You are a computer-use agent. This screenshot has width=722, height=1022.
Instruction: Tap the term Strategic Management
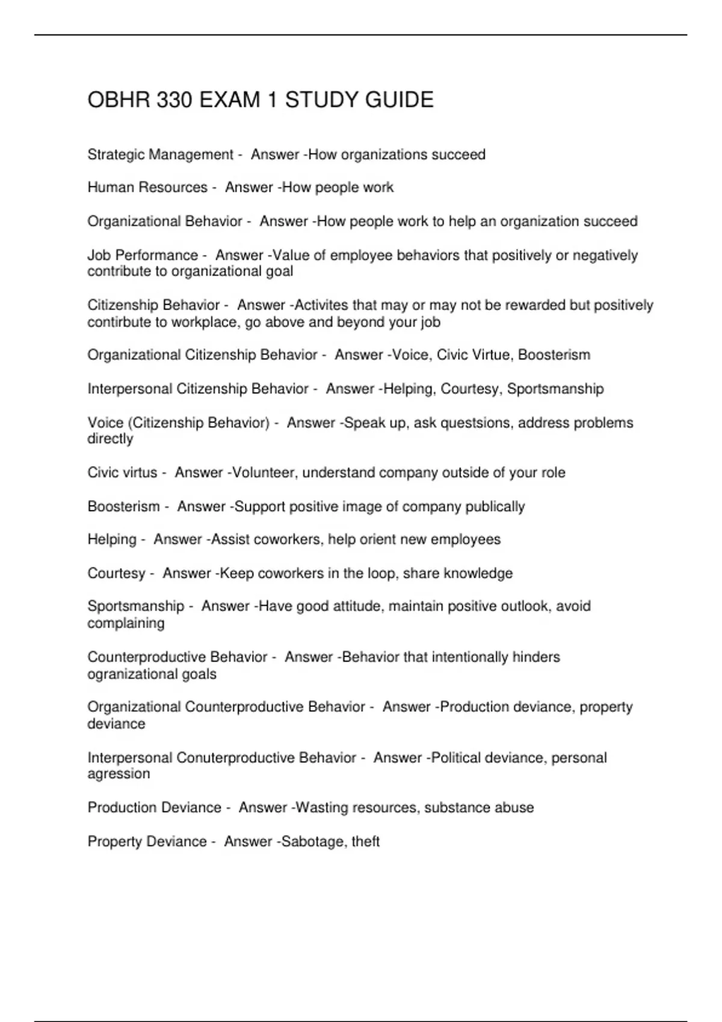tap(160, 155)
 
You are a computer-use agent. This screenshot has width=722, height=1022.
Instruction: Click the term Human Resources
tap(147, 188)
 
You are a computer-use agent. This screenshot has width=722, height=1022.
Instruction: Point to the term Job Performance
tap(143, 255)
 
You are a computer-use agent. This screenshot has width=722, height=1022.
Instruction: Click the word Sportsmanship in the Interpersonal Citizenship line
tap(555, 389)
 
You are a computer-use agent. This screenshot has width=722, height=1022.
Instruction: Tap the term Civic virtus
tap(122, 473)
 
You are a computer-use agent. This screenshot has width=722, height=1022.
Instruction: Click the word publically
tap(495, 507)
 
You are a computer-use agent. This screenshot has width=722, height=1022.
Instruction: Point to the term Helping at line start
tap(112, 539)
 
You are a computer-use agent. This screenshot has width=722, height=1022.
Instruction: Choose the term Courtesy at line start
tap(116, 574)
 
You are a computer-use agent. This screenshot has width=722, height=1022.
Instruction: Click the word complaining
tap(126, 623)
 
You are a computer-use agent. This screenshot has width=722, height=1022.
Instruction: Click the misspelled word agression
tap(119, 774)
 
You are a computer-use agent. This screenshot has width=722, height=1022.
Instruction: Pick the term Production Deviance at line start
tap(154, 807)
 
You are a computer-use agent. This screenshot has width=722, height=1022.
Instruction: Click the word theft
tap(365, 842)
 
